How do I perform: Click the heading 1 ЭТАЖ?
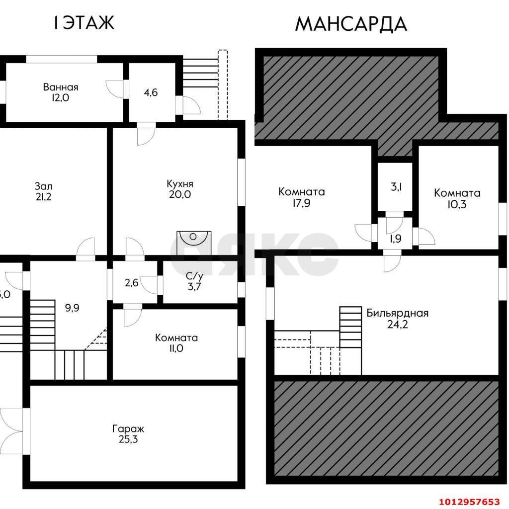tap(84, 23)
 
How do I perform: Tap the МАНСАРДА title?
tap(351, 24)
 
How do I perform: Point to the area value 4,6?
tap(151, 92)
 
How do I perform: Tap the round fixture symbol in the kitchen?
tap(193, 236)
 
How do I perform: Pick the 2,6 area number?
tap(131, 283)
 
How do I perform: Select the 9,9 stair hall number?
tap(72, 307)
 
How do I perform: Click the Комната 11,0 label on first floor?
tap(176, 343)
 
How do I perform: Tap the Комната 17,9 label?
tap(302, 197)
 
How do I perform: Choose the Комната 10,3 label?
tap(457, 198)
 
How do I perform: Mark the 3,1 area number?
tap(396, 187)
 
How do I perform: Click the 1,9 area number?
tap(396, 239)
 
